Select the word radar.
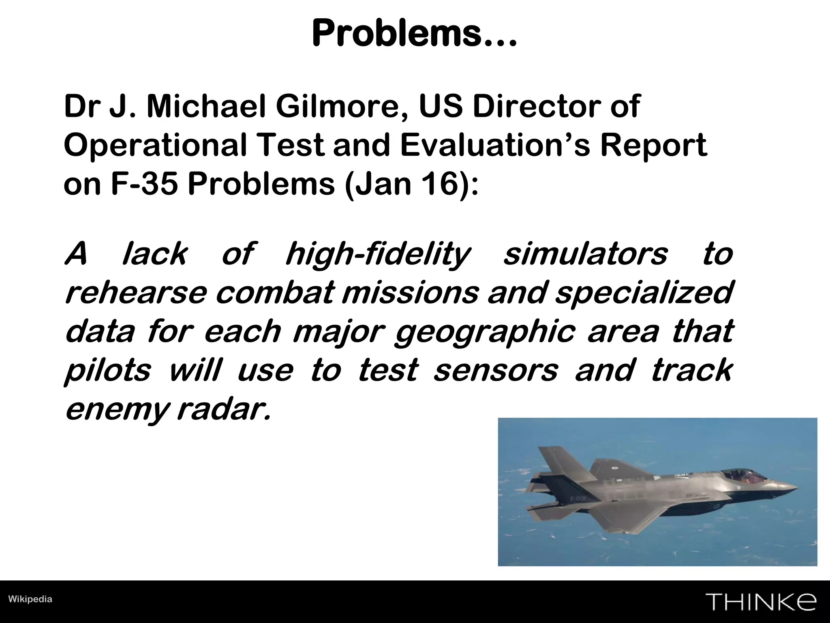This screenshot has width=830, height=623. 223,410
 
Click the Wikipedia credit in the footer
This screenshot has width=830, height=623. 30,599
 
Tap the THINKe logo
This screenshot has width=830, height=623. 761,602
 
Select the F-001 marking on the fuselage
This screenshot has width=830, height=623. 578,498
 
